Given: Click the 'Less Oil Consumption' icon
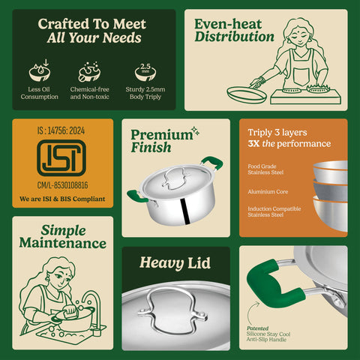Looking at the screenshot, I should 38,70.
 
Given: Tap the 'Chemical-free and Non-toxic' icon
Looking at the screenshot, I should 90,70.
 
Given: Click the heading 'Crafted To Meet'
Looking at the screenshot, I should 93,23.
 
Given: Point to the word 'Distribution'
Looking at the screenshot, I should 234,37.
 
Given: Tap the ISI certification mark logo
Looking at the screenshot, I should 63,160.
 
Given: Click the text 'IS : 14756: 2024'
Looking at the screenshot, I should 63,129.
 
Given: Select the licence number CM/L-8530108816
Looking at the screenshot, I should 63,184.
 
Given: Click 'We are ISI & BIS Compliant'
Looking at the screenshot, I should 63,199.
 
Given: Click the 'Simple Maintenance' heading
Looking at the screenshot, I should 63,236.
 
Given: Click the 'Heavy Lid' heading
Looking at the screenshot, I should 175,262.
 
